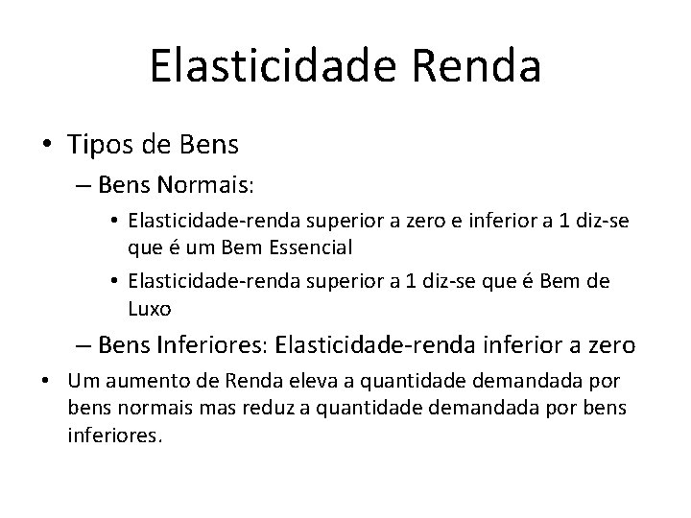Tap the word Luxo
(148, 310)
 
